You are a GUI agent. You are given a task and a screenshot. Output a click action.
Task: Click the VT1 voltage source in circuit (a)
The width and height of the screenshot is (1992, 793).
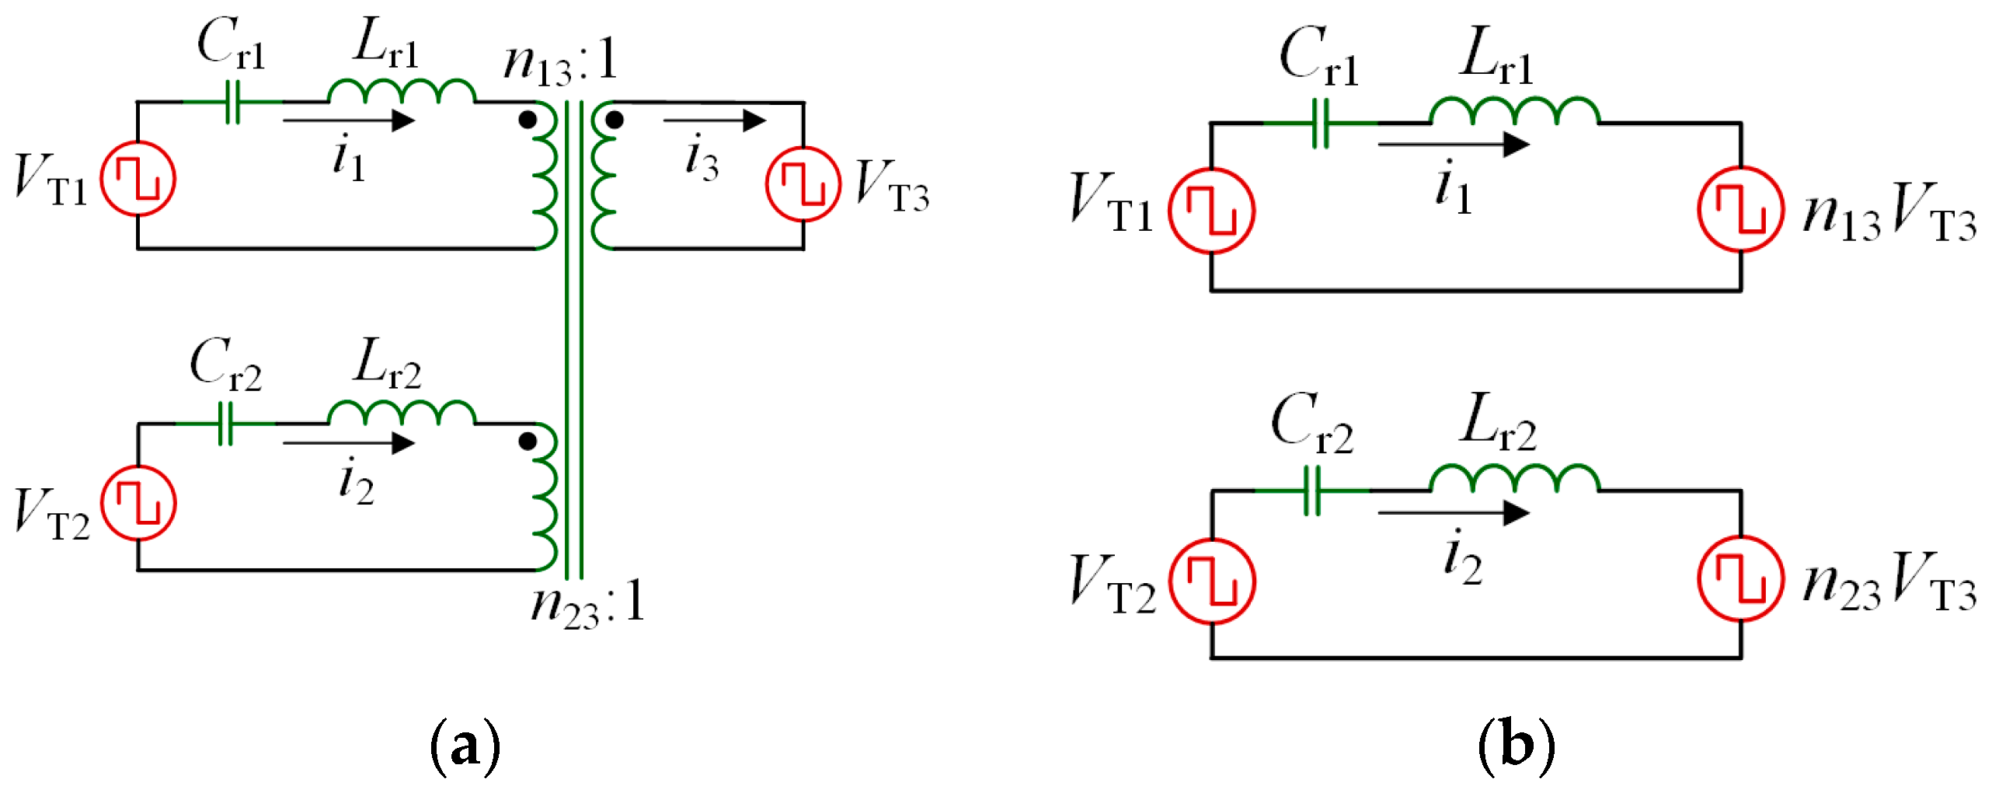[138, 179]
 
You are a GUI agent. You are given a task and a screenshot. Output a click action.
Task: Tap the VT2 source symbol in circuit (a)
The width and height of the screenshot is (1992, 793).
[138, 503]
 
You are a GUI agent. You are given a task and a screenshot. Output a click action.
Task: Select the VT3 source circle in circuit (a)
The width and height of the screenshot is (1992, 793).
[803, 184]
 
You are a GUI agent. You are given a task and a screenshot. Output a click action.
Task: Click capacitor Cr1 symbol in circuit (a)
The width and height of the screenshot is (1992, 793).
[232, 102]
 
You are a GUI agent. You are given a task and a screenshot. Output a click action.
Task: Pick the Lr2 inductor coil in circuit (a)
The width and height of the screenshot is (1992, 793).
[401, 413]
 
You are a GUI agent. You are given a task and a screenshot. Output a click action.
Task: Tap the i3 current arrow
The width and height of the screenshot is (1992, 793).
[715, 121]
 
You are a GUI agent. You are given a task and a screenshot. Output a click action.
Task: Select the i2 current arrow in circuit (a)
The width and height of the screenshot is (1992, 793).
[349, 443]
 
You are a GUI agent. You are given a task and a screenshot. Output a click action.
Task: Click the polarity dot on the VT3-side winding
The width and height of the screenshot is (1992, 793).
[615, 120]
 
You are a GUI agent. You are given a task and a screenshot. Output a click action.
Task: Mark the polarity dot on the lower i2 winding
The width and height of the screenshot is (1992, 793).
[528, 442]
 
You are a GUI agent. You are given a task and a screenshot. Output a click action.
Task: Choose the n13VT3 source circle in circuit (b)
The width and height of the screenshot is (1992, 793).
[1740, 210]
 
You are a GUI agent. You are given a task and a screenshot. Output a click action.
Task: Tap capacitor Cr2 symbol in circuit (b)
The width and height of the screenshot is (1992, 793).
[1312, 491]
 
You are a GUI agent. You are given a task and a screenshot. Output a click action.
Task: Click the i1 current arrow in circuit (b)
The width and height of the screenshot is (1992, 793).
[1453, 145]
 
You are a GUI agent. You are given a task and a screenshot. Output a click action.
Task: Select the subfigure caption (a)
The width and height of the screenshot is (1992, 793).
[465, 746]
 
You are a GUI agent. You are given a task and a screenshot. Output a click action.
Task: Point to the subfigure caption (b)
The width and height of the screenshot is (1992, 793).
[1516, 746]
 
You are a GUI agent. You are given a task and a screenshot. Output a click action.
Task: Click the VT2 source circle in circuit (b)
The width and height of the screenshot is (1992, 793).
[1211, 582]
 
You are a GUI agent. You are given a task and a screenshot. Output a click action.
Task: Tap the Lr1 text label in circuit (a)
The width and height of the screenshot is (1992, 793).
[386, 43]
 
